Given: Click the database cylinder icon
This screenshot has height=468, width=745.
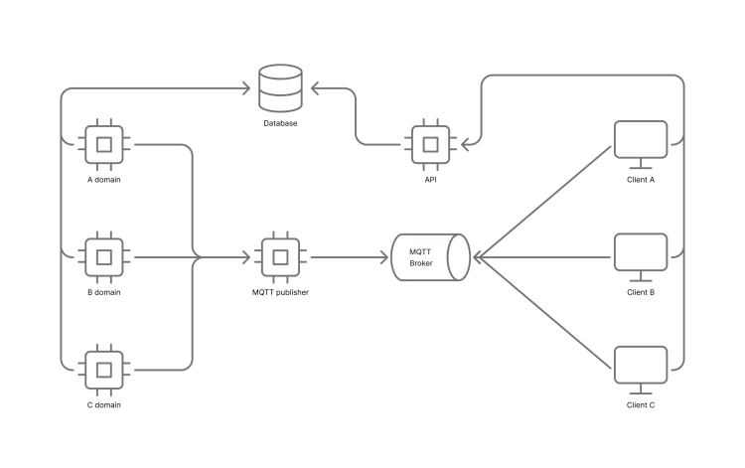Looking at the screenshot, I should pyautogui.click(x=280, y=88).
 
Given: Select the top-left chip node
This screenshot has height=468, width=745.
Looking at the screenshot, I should pyautogui.click(x=104, y=144).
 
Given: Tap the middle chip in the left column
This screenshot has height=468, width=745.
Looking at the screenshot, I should pyautogui.click(x=104, y=257).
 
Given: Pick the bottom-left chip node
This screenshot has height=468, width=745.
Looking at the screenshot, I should pyautogui.click(x=104, y=370).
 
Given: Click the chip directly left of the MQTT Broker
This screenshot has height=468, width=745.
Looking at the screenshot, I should pyautogui.click(x=280, y=257).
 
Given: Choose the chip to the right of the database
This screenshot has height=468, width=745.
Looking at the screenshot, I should pyautogui.click(x=430, y=144).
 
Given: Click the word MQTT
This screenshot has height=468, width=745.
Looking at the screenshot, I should pyautogui.click(x=420, y=251).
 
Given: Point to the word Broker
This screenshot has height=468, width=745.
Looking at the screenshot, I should pyautogui.click(x=421, y=263).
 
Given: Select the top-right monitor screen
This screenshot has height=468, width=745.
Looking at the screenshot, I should pyautogui.click(x=641, y=139).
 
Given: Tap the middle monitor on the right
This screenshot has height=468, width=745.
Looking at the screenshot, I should pyautogui.click(x=641, y=251).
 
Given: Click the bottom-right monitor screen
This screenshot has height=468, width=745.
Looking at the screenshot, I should pyautogui.click(x=641, y=364).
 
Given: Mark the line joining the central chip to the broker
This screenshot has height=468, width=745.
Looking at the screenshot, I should pyautogui.click(x=343, y=257).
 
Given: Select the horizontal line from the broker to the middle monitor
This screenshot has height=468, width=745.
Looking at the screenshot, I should pyautogui.click(x=556, y=258).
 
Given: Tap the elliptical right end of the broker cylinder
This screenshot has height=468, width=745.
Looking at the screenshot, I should pyautogui.click(x=458, y=257).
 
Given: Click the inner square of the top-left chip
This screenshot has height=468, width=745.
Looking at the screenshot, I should pyautogui.click(x=104, y=144).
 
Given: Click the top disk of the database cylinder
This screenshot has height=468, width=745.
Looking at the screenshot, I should pyautogui.click(x=280, y=73).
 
